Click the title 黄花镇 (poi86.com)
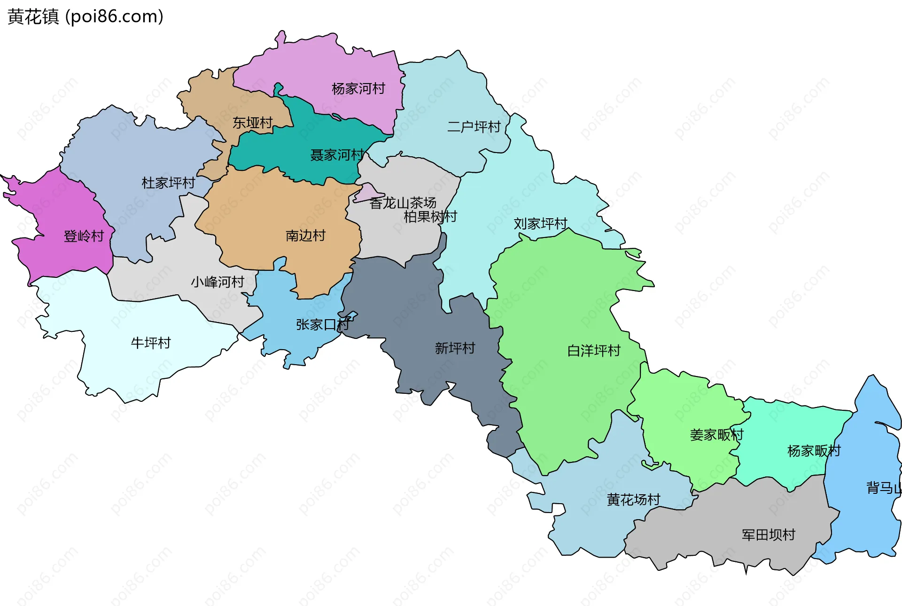86,16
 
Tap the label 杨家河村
358,88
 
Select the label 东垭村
253,123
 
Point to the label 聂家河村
337,155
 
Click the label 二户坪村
474,127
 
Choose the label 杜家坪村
168,183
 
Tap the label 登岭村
84,236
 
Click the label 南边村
305,235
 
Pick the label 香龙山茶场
403,203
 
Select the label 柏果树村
430,216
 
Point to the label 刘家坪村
540,223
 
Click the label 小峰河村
218,282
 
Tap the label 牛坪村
150,343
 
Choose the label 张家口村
322,324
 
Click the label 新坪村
455,348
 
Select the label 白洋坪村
594,350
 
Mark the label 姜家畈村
716,435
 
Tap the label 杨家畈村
814,451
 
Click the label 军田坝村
768,535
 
